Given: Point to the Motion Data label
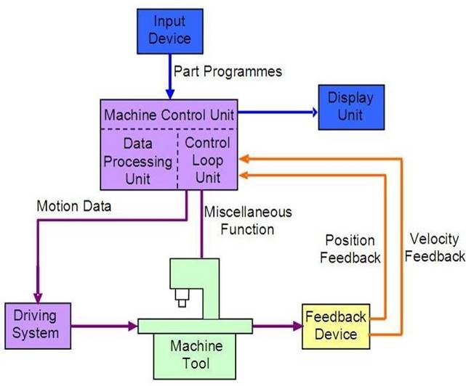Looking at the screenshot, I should click(x=74, y=206).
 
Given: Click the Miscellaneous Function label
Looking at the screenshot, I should click(x=248, y=221).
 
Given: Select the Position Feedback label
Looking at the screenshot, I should click(x=350, y=248).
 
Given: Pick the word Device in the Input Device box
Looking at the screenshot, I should click(x=169, y=38).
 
